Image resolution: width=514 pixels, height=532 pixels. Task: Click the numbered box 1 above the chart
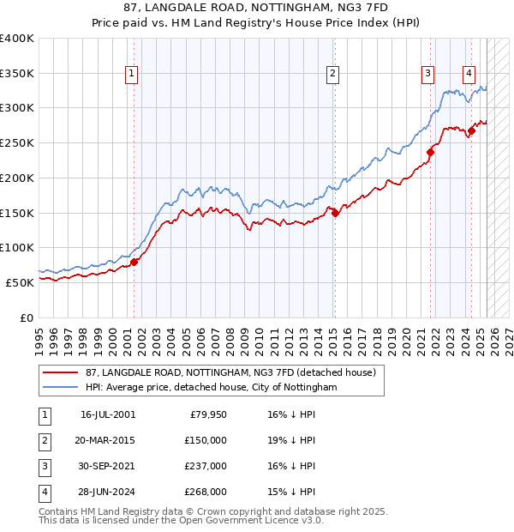132,75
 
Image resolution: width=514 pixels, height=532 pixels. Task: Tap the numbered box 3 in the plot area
427,75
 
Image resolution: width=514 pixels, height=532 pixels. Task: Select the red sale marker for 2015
335,214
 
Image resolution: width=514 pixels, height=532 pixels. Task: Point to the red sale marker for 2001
134,262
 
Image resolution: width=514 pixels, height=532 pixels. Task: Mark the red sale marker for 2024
470,131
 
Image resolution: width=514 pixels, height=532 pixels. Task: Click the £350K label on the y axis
16,74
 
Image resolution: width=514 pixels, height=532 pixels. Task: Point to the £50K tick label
20,282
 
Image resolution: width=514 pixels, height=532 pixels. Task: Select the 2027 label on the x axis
508,336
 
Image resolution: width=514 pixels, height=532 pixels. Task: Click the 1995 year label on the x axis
39,336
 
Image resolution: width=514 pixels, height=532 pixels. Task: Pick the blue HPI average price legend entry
212,388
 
